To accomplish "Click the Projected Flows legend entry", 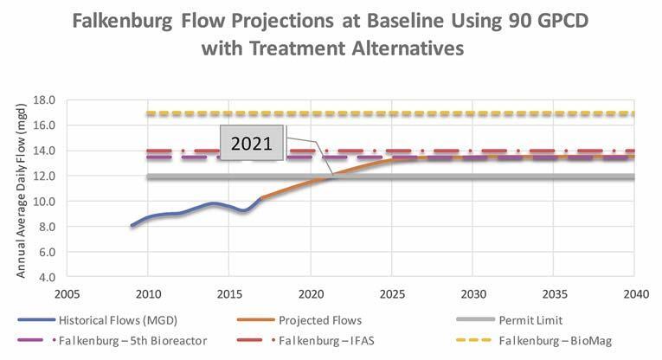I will [x=321, y=320].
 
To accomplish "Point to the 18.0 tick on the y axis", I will [x=43, y=100].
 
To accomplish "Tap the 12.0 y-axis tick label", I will [x=43, y=177].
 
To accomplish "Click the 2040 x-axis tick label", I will [x=636, y=293].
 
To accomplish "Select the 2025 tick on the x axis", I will [x=392, y=293].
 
